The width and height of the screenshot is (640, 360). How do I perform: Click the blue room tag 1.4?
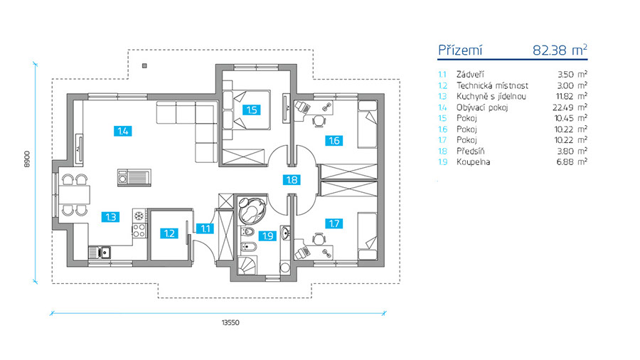coord(123,130)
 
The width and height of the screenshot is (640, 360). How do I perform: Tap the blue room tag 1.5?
coord(250,110)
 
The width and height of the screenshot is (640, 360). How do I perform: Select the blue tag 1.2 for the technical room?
coord(168,233)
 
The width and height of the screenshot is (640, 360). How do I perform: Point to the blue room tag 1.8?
coord(291,180)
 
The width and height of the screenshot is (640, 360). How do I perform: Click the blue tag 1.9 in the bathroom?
coord(268,235)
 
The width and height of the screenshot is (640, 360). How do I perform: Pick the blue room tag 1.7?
coord(333,223)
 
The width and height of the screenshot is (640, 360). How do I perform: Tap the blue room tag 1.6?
coord(333,140)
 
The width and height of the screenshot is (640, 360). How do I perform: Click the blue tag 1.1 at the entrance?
coord(205,228)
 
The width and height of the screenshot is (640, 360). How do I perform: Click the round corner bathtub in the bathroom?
coord(251,210)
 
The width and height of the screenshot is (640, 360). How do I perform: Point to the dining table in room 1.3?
coord(73,193)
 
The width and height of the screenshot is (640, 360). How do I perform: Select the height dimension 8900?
coord(26,159)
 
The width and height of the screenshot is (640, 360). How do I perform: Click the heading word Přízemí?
coord(462,50)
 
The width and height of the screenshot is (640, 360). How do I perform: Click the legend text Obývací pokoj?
coord(479,107)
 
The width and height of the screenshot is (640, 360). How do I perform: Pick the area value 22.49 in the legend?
coord(567,107)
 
